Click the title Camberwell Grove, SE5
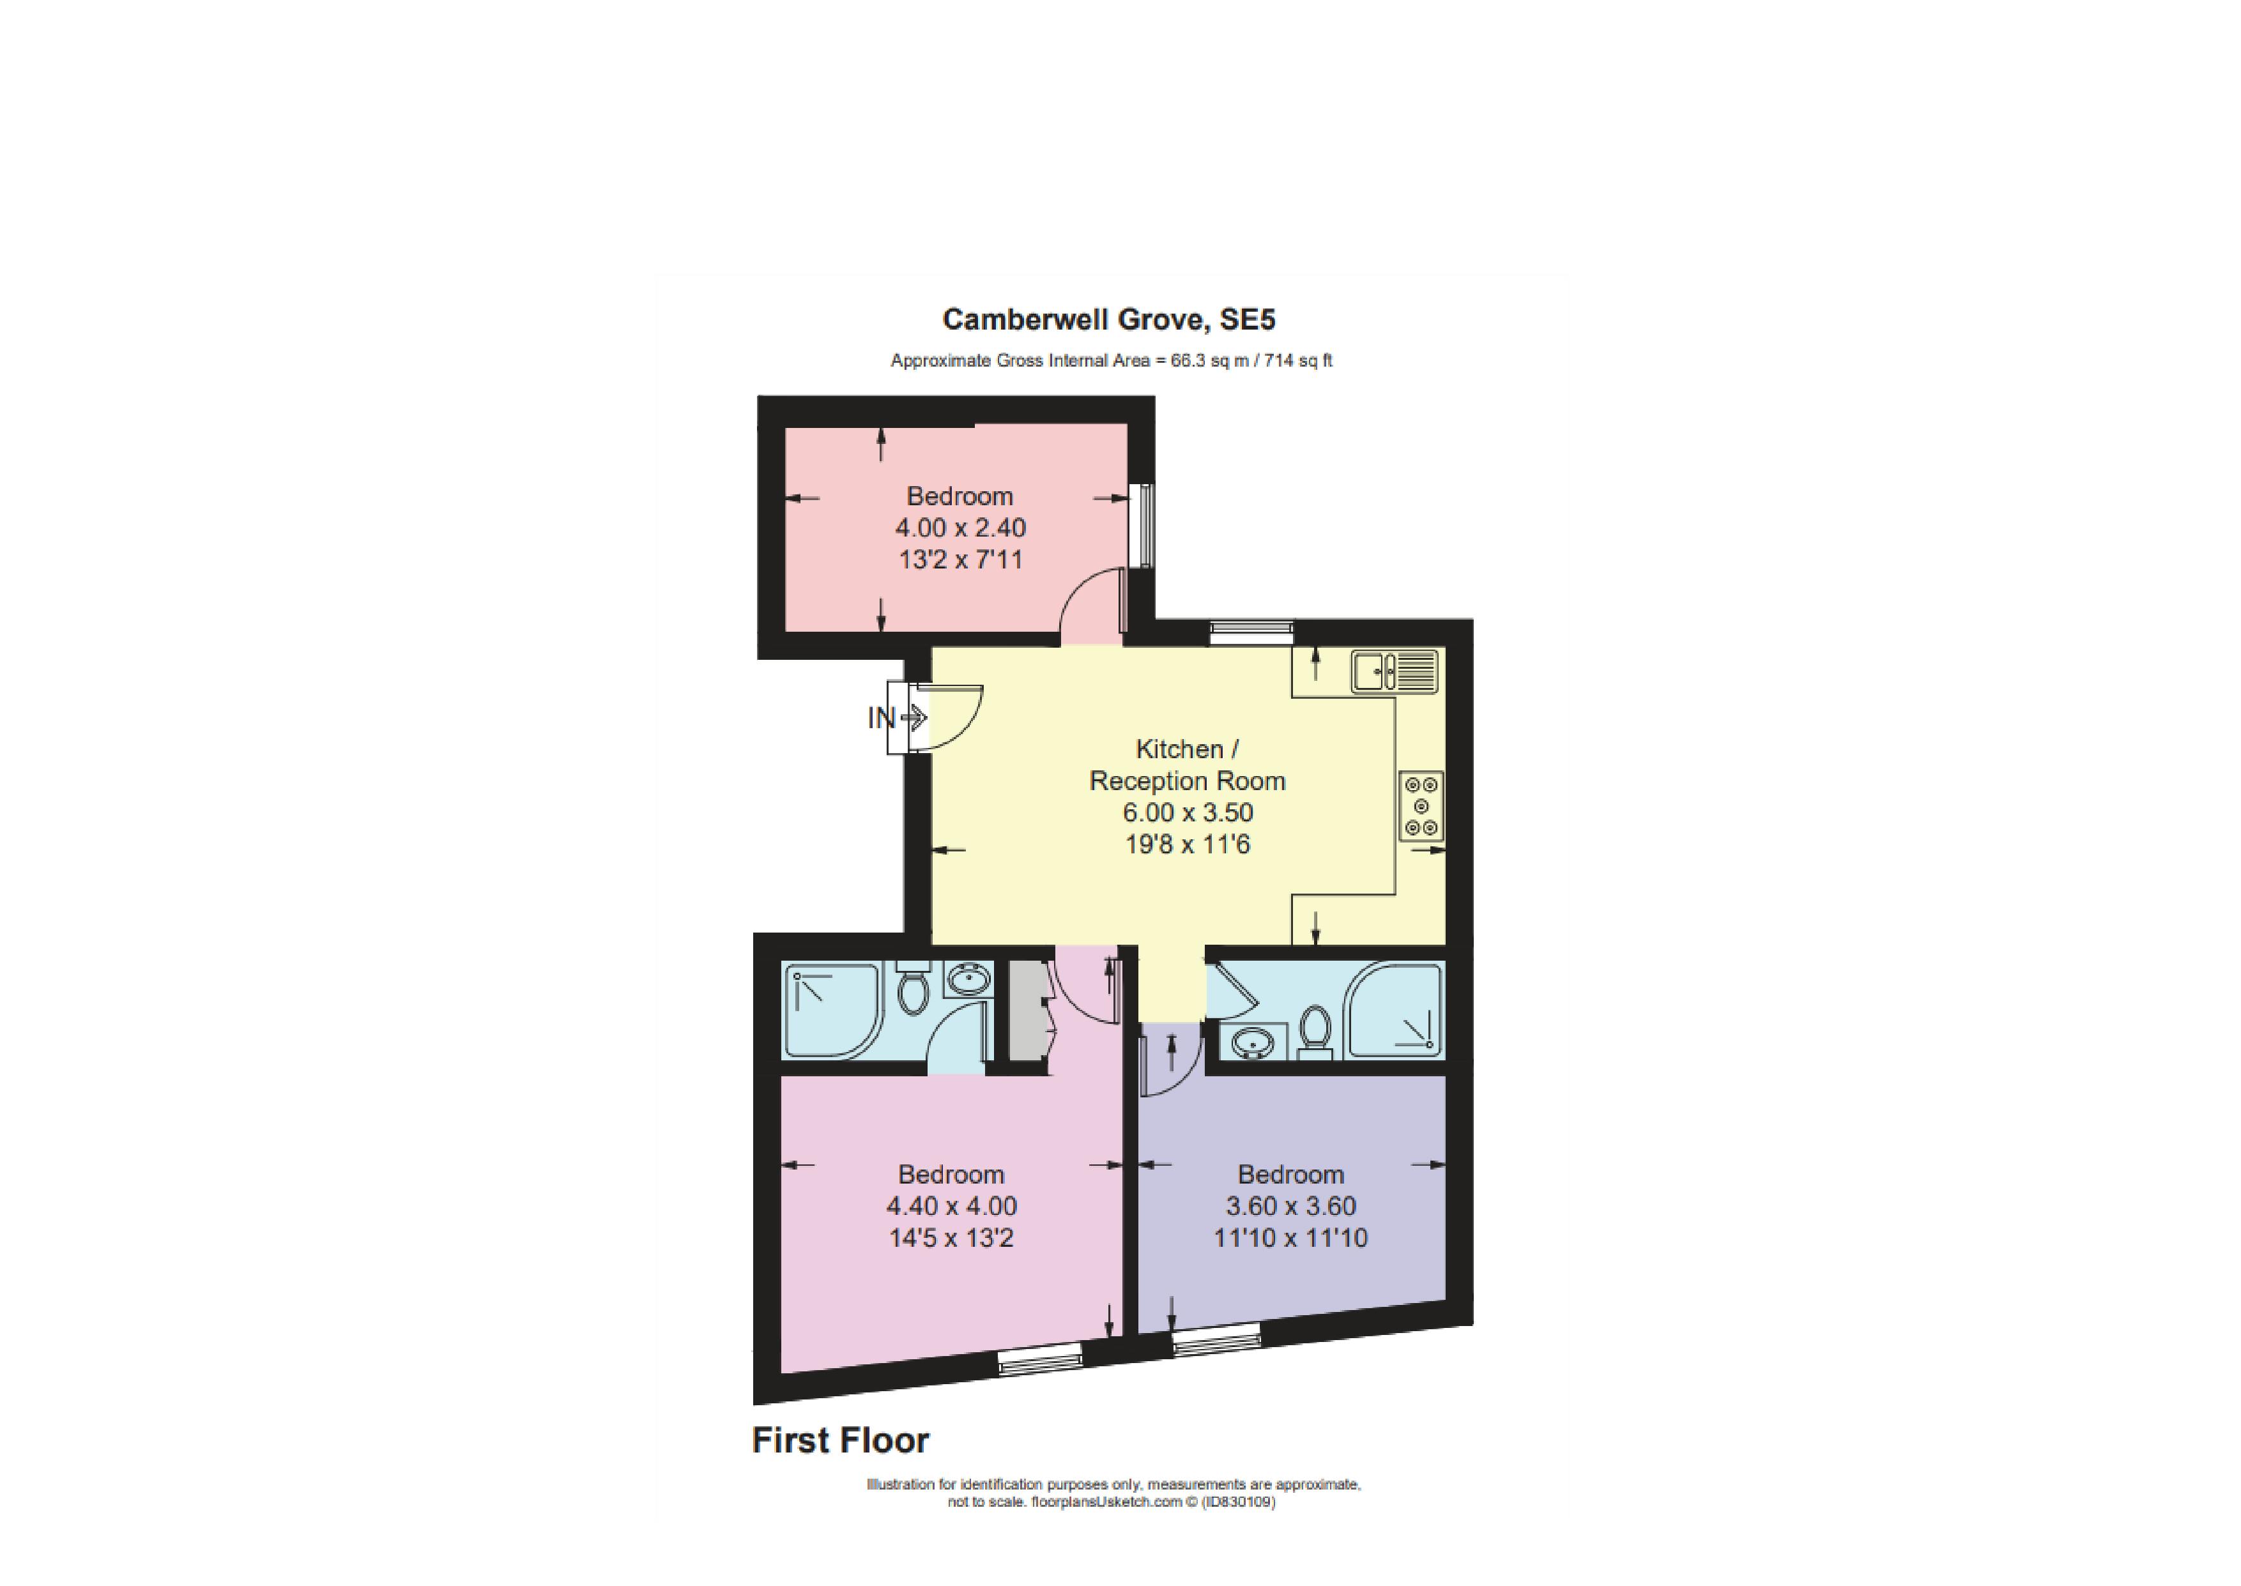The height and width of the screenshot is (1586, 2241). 1108,319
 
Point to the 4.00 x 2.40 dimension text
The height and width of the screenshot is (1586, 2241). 961,528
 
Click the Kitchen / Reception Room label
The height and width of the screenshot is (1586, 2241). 1188,765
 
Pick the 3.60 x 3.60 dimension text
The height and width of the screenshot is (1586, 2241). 1291,1206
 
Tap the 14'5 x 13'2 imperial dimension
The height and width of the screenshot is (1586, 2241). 951,1239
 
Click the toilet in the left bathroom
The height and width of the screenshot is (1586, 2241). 913,988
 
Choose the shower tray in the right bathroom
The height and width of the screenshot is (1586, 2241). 1393,1010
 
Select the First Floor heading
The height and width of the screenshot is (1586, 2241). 840,1440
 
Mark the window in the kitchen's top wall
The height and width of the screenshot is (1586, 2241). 1252,633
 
